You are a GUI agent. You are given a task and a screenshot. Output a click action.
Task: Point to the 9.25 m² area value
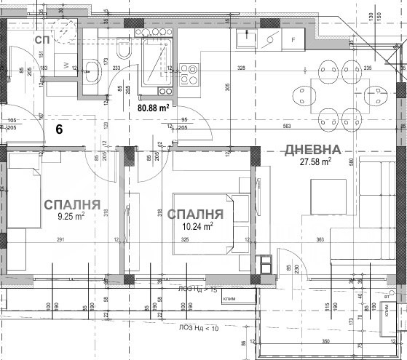click(71, 215)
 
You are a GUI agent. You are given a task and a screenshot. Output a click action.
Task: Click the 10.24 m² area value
click(197, 226)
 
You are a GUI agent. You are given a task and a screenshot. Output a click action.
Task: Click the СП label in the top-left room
click(42, 41)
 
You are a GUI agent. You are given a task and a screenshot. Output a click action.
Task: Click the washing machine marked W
click(67, 65)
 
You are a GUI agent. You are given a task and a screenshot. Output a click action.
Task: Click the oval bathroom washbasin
click(93, 70)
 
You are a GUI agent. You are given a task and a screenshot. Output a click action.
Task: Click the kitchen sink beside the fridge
click(245, 40)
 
